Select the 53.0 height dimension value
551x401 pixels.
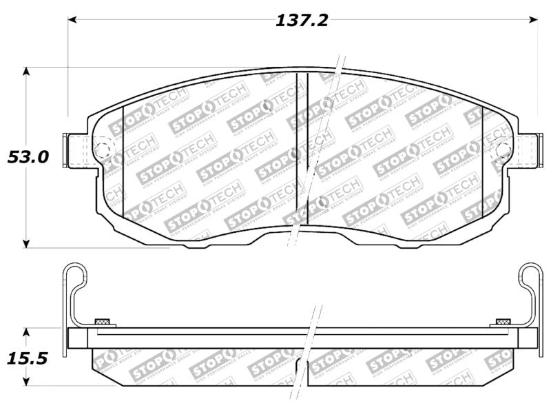point(28,157)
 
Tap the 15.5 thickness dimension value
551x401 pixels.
point(27,358)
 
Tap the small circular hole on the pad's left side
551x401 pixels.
point(101,150)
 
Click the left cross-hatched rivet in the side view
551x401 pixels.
point(104,322)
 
